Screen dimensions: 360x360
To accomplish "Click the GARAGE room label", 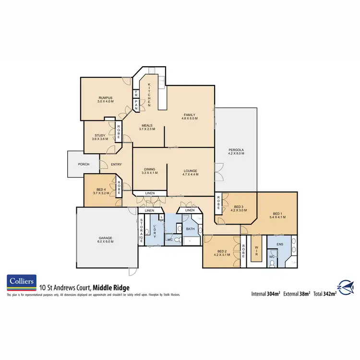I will [x=106, y=240].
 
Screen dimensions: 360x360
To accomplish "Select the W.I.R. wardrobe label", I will [x=257, y=248].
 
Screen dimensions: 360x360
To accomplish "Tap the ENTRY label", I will [x=116, y=165].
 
